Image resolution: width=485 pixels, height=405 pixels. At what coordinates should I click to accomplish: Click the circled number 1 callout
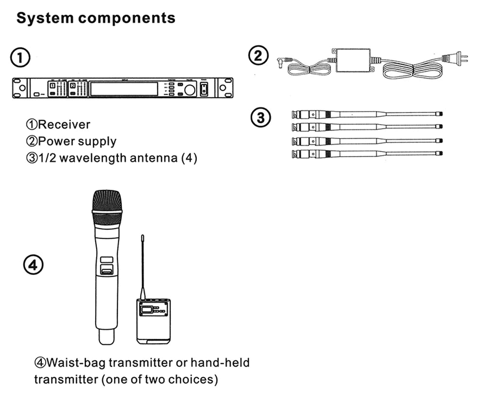(20, 58)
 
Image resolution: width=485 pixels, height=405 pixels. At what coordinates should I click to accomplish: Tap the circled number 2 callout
(258, 56)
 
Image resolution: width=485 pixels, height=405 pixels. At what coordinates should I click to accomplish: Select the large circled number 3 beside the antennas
(260, 118)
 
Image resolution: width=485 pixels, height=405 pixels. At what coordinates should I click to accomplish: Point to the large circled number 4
(33, 265)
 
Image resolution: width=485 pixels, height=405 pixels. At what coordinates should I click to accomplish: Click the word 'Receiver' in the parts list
(64, 125)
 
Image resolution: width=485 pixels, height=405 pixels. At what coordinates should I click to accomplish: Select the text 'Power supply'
(77, 142)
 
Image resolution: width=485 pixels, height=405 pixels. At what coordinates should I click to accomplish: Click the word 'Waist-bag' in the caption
(75, 362)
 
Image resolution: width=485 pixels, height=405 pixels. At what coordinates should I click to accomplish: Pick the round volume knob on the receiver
(189, 89)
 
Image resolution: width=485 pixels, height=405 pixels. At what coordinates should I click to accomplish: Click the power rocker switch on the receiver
(204, 89)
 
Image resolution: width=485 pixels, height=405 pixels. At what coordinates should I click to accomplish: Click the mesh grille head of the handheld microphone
(107, 207)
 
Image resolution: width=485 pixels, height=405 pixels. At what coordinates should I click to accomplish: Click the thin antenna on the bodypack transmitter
(143, 267)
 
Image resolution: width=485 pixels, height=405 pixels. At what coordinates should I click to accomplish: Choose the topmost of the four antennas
(369, 115)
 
